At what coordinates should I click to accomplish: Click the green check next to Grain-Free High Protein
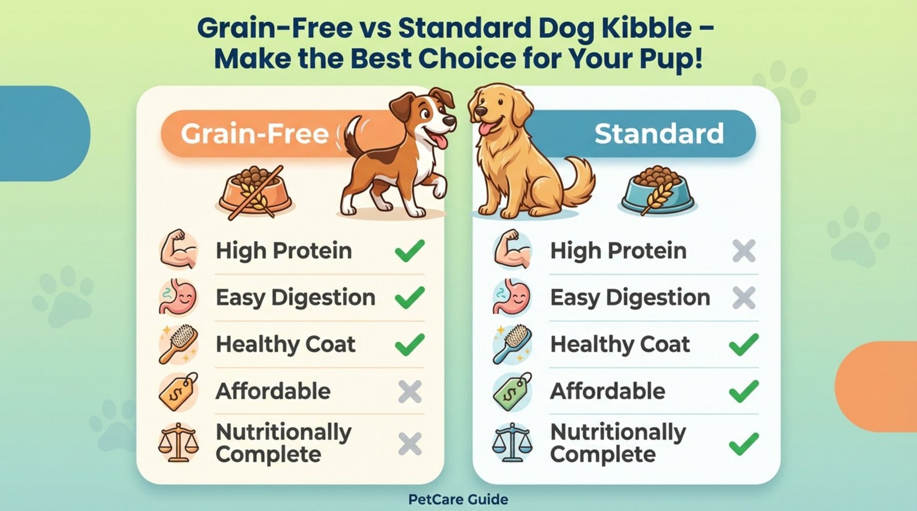(410, 251)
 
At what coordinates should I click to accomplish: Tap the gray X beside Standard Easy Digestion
(744, 298)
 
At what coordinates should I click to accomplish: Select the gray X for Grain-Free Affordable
(410, 392)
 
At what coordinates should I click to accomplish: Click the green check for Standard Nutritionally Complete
(744, 444)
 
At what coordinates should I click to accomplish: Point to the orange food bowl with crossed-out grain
(255, 192)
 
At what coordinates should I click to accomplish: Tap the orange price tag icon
(178, 392)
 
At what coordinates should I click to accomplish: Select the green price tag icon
(512, 392)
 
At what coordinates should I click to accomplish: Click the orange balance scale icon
(178, 443)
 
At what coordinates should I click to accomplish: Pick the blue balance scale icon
(512, 443)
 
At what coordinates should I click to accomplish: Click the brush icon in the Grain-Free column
(178, 344)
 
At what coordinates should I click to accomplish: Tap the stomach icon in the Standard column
(512, 298)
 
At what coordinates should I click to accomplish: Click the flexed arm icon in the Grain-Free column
(178, 250)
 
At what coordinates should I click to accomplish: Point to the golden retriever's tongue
(485, 128)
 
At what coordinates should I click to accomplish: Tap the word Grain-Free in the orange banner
(254, 134)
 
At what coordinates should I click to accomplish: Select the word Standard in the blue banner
(659, 134)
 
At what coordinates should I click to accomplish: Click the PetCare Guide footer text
(458, 500)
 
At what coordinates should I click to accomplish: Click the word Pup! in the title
(672, 59)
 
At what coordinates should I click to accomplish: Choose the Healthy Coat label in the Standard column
(620, 344)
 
